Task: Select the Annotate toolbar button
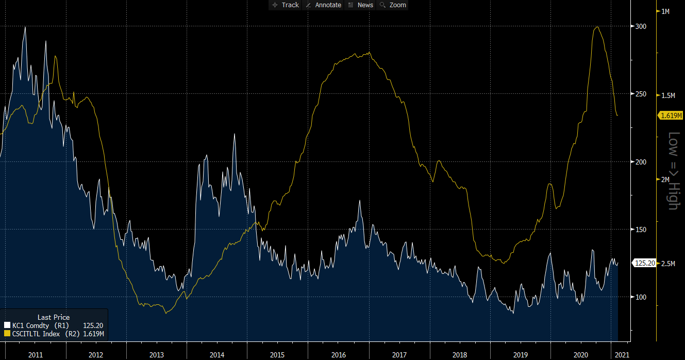point(324,5)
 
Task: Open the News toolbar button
point(361,5)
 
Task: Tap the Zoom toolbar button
point(393,5)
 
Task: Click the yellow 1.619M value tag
point(670,116)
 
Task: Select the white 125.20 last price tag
point(645,264)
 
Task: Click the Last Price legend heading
point(54,317)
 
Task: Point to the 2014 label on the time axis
point(217,355)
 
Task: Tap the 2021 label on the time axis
point(622,355)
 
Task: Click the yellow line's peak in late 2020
point(597,27)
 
